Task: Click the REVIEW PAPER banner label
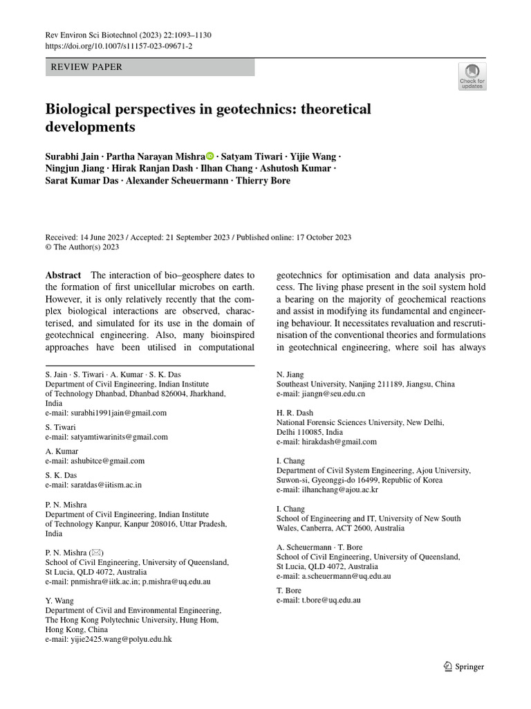click(x=84, y=67)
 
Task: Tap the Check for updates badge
click(x=472, y=76)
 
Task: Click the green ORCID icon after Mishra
click(x=210, y=156)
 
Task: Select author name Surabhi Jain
click(x=71, y=156)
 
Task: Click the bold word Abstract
click(x=63, y=275)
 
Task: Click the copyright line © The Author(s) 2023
click(x=82, y=246)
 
